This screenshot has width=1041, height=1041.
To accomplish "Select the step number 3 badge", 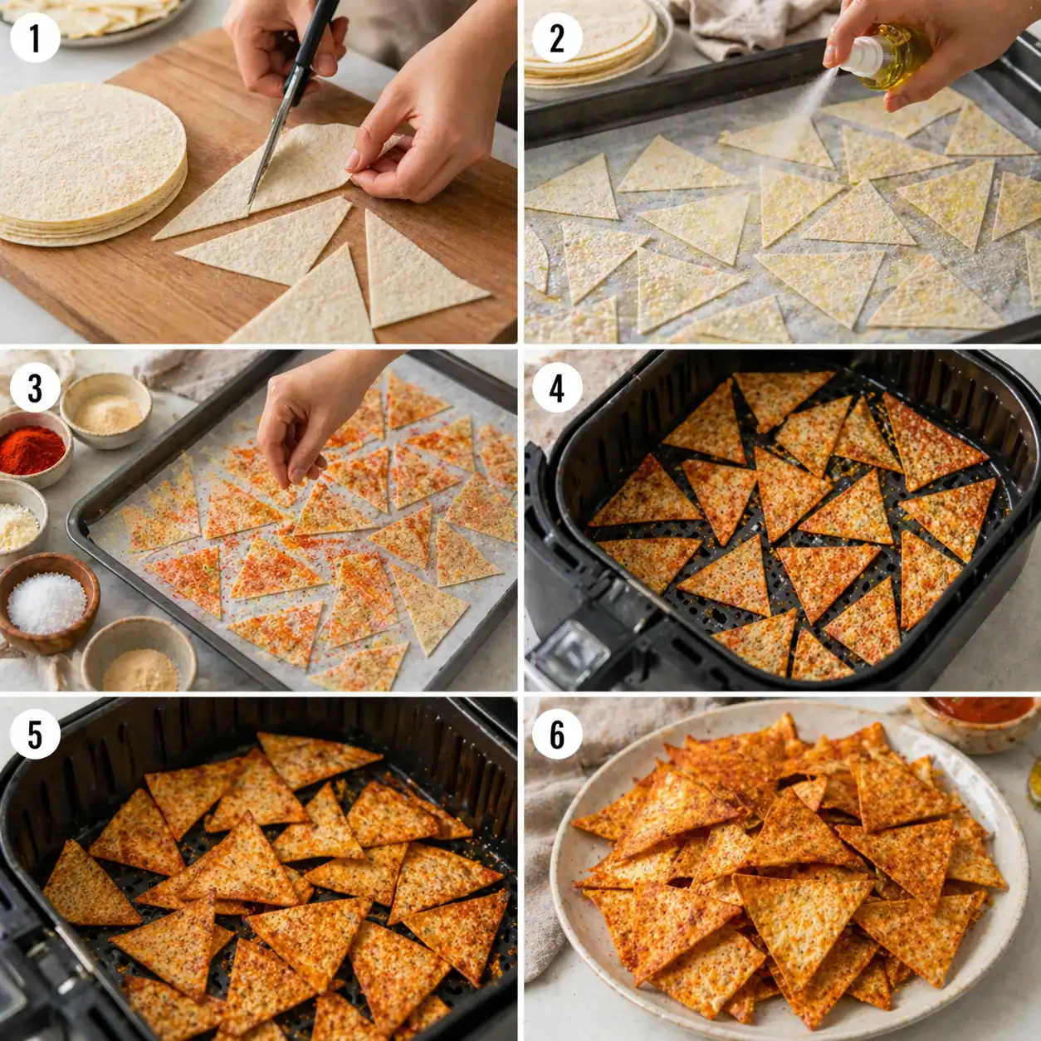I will point(35,387).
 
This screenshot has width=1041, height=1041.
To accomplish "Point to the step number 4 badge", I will point(556,387).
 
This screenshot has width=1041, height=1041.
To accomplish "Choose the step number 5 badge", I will point(35,734).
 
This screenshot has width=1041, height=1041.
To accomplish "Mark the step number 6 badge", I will point(556,734).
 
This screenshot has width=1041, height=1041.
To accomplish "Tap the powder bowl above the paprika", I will point(106,410).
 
